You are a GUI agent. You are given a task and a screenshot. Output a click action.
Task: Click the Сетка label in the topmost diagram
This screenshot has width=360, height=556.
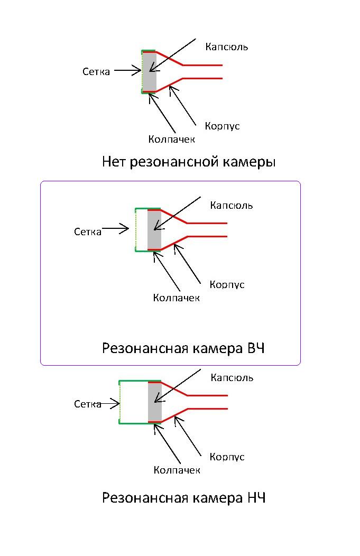tap(96, 71)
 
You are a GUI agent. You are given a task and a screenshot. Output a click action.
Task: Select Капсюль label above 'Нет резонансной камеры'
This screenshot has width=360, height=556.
tap(226, 47)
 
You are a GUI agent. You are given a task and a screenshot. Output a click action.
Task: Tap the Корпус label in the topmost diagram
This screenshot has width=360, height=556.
tap(222, 126)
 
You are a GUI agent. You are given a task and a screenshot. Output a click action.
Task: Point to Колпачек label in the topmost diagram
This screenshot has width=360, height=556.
tap(172, 139)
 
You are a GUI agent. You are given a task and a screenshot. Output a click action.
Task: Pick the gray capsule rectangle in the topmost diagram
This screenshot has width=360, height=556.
tap(150, 71)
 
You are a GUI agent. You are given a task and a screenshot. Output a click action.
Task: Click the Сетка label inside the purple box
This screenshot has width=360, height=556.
tap(88, 231)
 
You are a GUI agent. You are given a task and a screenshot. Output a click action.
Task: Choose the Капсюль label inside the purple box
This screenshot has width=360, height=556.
tap(231, 205)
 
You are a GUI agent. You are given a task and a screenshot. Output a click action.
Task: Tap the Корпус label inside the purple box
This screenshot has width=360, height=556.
tap(227, 284)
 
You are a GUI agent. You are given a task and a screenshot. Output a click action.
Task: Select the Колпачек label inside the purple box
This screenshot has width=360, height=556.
tap(177, 298)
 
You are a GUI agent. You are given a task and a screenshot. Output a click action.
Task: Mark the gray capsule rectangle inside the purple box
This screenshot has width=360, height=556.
tap(154, 229)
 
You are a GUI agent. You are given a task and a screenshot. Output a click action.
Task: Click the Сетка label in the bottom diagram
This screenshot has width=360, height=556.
tap(88, 404)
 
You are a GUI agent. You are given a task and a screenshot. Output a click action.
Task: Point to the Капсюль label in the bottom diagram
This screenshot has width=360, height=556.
tap(232, 377)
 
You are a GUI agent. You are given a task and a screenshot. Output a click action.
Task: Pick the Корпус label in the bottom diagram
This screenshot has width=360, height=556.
tap(227, 457)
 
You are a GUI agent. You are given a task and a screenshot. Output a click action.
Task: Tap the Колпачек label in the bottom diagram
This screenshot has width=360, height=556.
tap(177, 470)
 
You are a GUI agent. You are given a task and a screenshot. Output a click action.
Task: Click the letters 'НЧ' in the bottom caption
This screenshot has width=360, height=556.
tap(256, 498)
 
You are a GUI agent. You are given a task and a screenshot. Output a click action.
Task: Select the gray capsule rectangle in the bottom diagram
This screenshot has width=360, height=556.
tap(154, 401)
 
